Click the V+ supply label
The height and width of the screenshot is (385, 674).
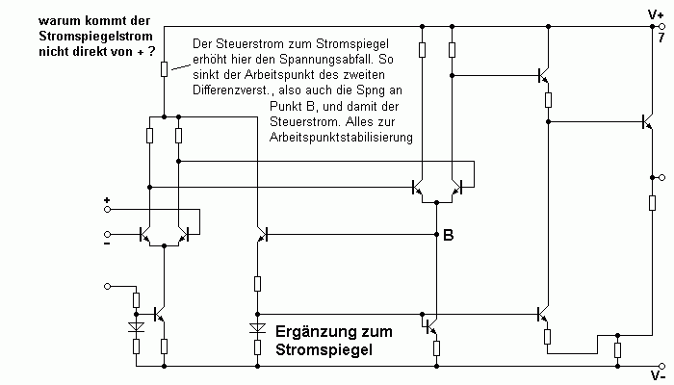coord(656,15)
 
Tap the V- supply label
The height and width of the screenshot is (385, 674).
coord(658,376)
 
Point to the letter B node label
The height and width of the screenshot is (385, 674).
coord(449,235)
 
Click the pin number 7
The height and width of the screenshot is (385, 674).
coord(661,38)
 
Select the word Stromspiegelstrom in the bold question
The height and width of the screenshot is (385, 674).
coord(95,37)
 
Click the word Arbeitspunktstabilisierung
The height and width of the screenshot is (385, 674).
coord(341,138)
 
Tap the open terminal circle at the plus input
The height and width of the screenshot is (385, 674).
coord(108,209)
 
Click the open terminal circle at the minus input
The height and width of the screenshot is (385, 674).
coord(108,234)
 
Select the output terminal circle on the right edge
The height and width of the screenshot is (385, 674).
coord(662,177)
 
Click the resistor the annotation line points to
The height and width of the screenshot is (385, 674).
coord(164,68)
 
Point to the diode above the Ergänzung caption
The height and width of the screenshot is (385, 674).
coord(257,328)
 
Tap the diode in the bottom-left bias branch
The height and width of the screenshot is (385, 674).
coord(137,327)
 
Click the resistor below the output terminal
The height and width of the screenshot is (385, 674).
coord(652,203)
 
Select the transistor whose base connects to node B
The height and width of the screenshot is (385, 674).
coord(262,235)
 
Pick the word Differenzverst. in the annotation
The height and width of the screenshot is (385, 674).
coord(233,90)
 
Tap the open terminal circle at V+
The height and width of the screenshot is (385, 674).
coord(662,27)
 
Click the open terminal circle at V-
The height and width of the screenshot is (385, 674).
coord(662,367)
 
